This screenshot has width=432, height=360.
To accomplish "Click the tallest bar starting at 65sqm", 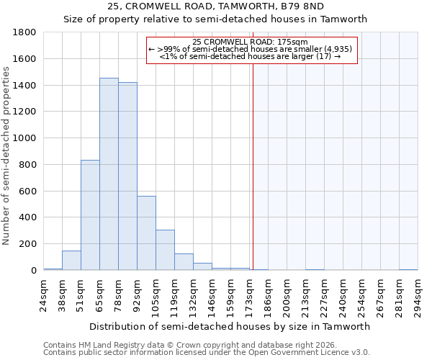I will tap(109, 174).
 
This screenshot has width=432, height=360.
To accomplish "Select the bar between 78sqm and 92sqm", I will tap(127, 176).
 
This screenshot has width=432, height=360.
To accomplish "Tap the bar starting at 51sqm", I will tap(90, 215).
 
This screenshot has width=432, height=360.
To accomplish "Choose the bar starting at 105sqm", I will tap(165, 250).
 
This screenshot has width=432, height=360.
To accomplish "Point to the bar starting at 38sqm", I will tap(71, 261).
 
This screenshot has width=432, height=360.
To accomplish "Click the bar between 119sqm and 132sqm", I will tap(184, 262).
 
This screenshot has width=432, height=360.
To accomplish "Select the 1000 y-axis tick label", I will tap(26, 138).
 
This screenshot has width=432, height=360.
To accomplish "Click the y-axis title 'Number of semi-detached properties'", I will tap(6, 151).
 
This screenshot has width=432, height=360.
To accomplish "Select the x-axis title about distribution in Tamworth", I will tap(230, 326).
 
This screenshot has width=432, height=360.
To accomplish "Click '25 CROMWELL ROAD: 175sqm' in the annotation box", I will tap(251, 42).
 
